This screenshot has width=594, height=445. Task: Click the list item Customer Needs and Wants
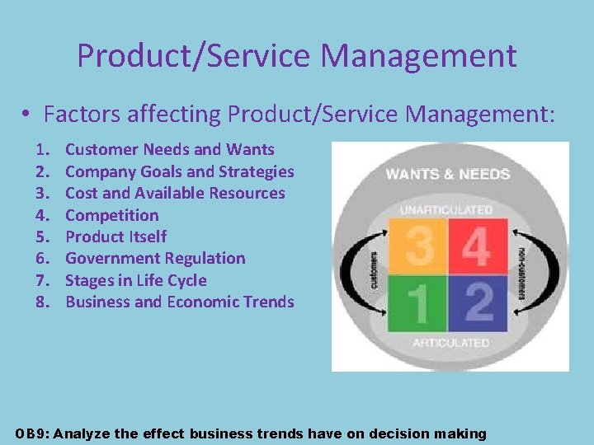[170, 149]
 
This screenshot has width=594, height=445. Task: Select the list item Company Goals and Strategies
[179, 171]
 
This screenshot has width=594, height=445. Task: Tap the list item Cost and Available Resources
[175, 193]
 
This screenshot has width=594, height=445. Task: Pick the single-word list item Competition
[111, 215]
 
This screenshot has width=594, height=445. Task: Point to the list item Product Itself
[115, 237]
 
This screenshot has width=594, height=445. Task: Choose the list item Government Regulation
[155, 258]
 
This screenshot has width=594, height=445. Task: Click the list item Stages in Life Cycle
[135, 280]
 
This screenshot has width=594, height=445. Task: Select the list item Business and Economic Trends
[179, 302]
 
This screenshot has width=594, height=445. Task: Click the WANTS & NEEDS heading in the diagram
[448, 174]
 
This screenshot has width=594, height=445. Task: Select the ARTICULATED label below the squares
[450, 342]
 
